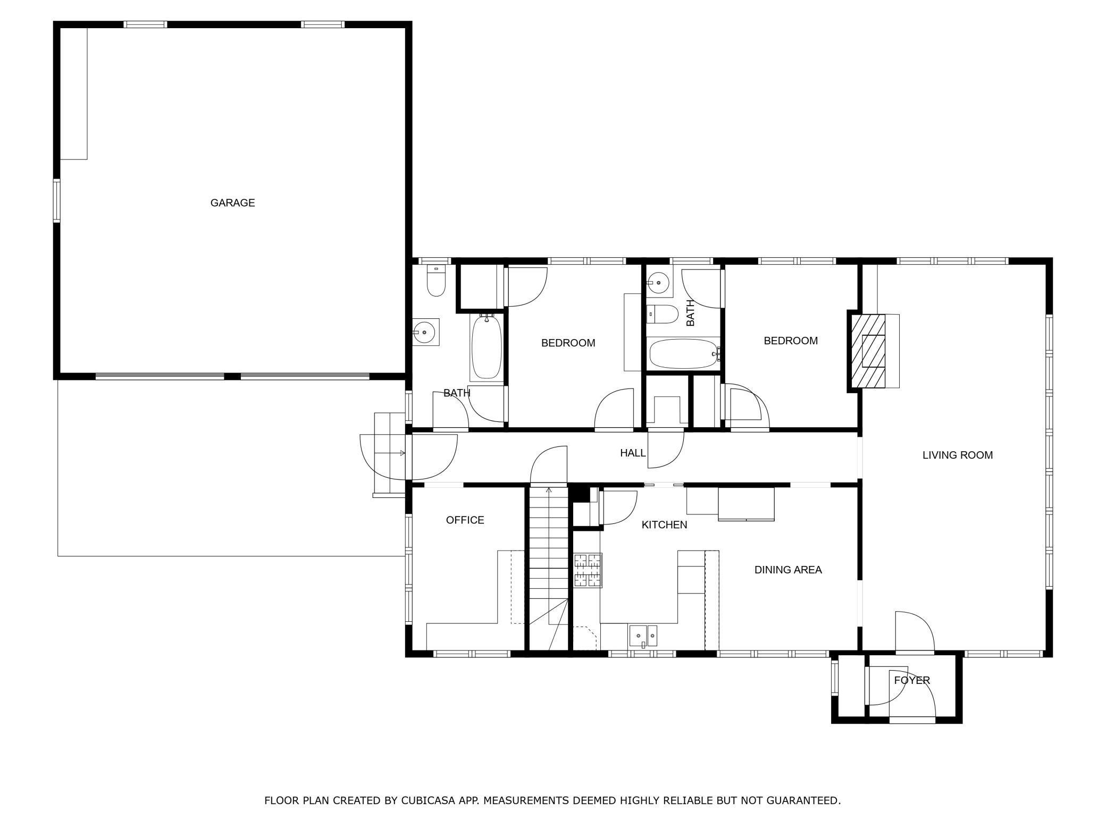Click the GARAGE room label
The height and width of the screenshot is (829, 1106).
point(232,202)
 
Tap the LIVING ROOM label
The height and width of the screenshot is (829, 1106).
point(958,455)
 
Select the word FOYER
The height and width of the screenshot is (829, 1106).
point(912,680)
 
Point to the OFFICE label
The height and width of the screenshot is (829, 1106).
point(465,520)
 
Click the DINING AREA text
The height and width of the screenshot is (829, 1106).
point(788,570)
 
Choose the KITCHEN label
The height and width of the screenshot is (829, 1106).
point(664,525)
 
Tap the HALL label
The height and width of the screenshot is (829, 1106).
point(633,453)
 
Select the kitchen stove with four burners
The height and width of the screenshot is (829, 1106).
point(588,570)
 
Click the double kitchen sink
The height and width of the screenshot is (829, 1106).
point(643,636)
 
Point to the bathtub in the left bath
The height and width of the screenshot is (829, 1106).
point(486,346)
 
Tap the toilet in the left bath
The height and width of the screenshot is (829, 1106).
point(436,281)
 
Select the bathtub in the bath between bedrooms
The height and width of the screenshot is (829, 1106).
point(684,354)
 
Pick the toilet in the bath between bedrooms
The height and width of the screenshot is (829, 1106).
point(662,315)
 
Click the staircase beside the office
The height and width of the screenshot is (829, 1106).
point(549,568)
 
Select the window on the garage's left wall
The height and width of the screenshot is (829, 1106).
point(56,200)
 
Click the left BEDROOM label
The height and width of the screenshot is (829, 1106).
point(568,343)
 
